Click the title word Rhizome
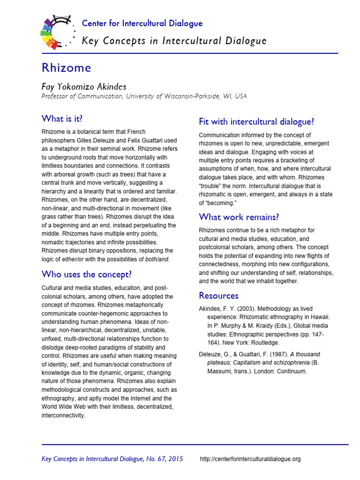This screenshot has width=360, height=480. point(66,68)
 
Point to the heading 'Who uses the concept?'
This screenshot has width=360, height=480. point(87,274)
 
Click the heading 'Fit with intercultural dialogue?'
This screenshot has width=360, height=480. point(256,122)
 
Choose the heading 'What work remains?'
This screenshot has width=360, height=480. point(239,217)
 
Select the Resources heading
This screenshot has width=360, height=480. point(218,295)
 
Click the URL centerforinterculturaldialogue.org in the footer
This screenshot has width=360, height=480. point(250,459)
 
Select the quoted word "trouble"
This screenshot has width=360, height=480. point(212,186)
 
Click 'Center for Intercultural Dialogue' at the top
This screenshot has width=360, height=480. point(142,23)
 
